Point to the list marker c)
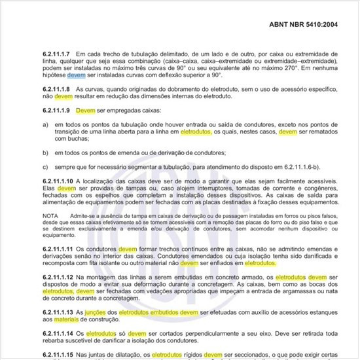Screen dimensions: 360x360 [x=45, y=166]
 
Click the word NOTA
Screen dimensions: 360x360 [x=50, y=215]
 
